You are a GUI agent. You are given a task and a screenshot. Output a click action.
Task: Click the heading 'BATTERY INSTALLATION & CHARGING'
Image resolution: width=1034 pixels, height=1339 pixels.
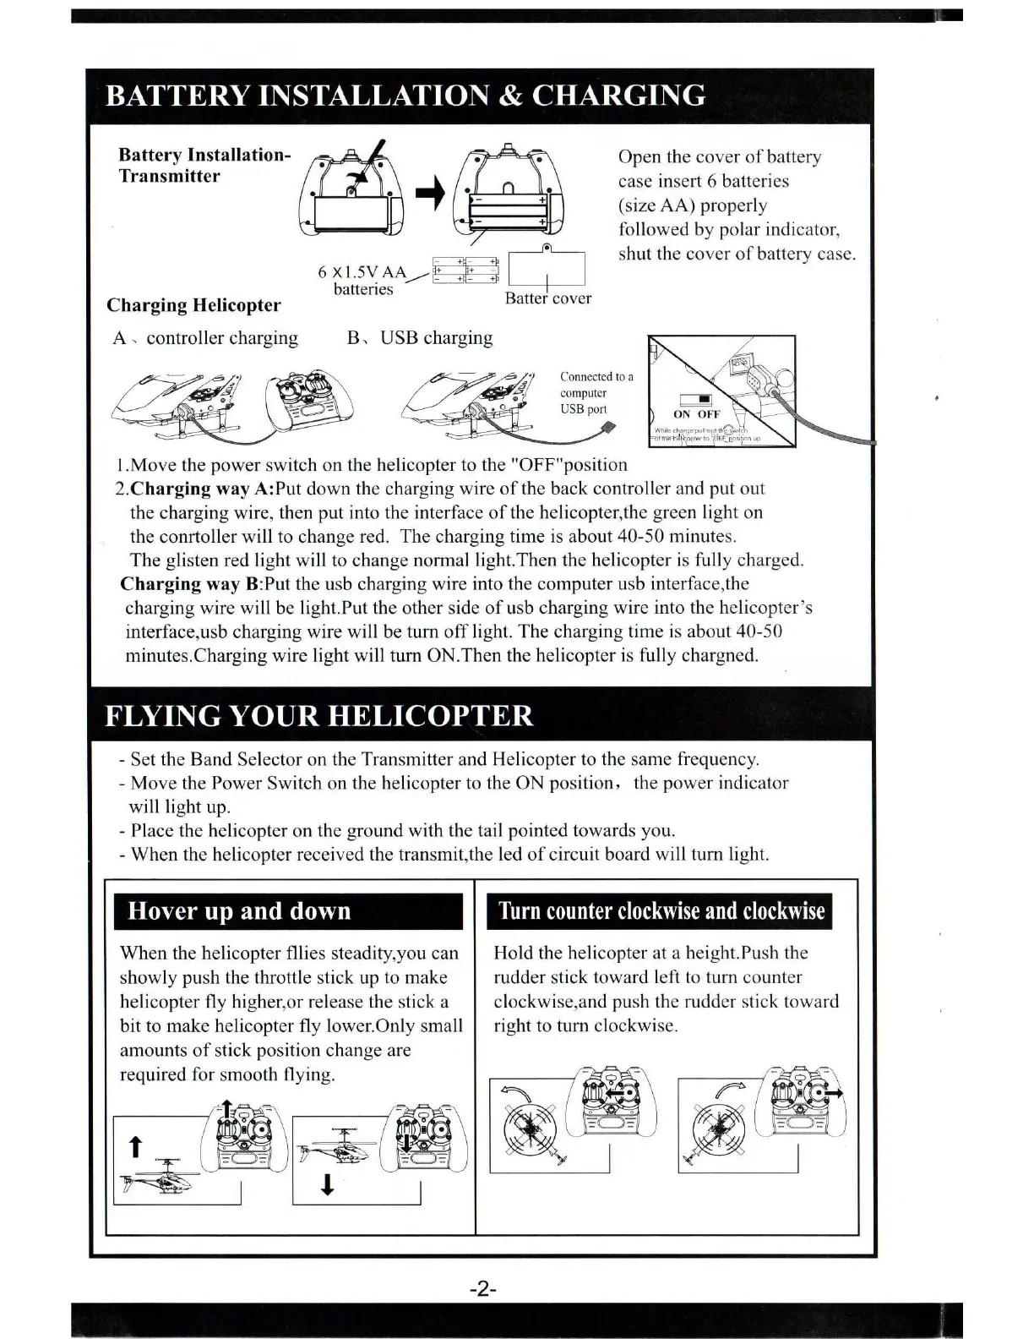(405, 96)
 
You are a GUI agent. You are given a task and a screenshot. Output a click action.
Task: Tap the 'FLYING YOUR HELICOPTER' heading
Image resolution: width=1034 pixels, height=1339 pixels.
(318, 716)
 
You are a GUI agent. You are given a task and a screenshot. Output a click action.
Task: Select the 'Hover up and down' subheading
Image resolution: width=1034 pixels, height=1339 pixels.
(239, 911)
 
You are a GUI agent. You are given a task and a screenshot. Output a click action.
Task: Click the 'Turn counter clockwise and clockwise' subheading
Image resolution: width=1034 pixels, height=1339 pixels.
(661, 911)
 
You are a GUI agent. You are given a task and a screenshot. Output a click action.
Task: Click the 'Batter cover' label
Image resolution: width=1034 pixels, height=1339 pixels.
(547, 298)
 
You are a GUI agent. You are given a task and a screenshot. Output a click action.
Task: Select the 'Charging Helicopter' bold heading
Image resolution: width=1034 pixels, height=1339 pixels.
(193, 305)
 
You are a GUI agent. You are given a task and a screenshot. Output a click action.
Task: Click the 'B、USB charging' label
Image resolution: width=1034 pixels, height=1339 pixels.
(420, 338)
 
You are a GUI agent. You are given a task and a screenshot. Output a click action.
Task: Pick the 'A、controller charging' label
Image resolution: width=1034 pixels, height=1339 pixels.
(205, 338)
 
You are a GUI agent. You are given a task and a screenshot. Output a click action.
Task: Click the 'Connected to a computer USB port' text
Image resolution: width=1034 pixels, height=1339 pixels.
(595, 393)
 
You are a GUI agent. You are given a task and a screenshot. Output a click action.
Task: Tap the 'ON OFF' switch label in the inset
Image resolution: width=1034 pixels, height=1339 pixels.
(696, 413)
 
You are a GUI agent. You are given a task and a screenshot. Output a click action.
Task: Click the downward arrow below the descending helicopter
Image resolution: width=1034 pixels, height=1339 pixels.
(328, 1185)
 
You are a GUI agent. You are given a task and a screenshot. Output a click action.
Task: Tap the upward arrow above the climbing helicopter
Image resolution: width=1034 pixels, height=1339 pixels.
(133, 1147)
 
